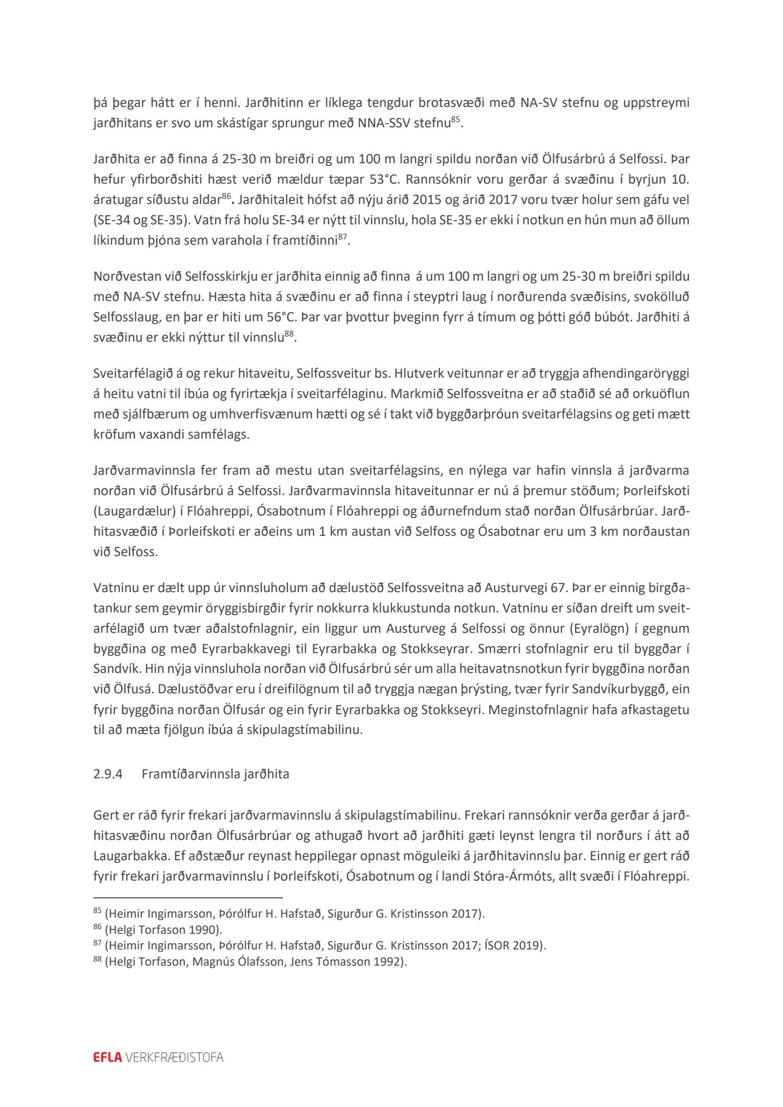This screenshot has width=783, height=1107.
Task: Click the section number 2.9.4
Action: [x=108, y=774]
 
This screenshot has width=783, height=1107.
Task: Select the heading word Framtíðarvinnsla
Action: [x=183, y=774]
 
